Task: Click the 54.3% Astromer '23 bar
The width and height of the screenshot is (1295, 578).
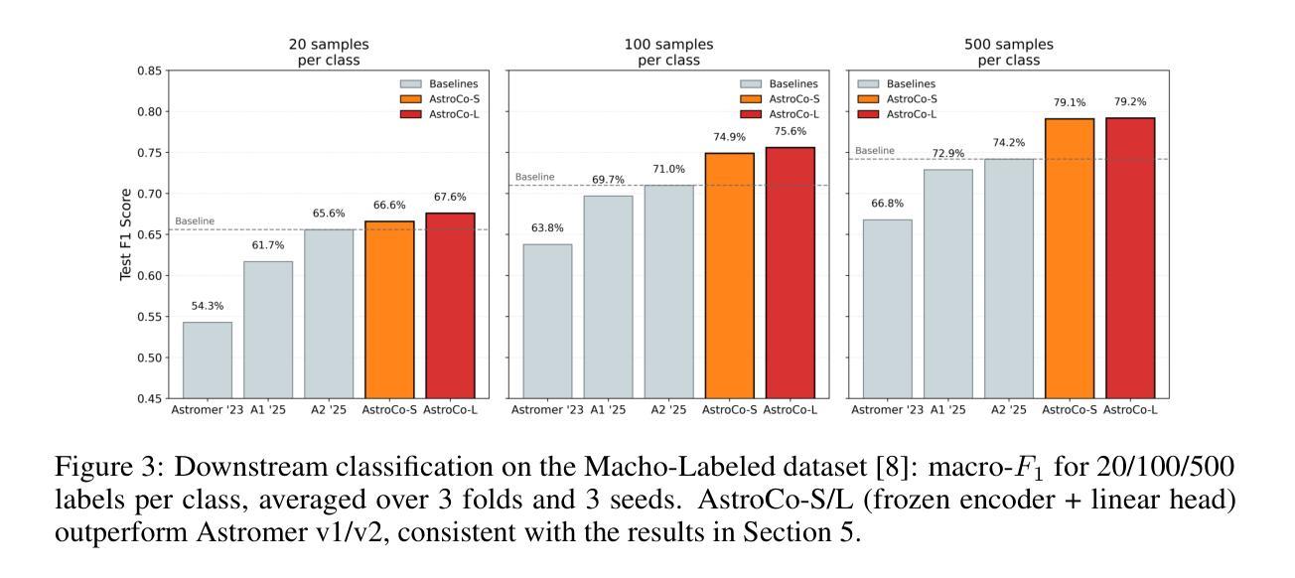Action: coord(207,360)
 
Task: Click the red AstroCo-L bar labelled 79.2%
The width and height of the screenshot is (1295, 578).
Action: coord(1129,258)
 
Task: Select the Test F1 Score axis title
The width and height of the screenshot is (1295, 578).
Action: coord(126,234)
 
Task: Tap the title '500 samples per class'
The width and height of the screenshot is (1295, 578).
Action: coord(1008,52)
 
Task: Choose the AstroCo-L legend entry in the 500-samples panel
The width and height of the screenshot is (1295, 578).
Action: coord(913,114)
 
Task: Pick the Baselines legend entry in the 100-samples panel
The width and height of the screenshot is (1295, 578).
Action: coord(792,83)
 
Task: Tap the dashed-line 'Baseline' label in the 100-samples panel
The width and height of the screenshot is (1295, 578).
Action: coord(534,177)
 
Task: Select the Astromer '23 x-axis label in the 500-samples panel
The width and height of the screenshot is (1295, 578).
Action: coord(887,409)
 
